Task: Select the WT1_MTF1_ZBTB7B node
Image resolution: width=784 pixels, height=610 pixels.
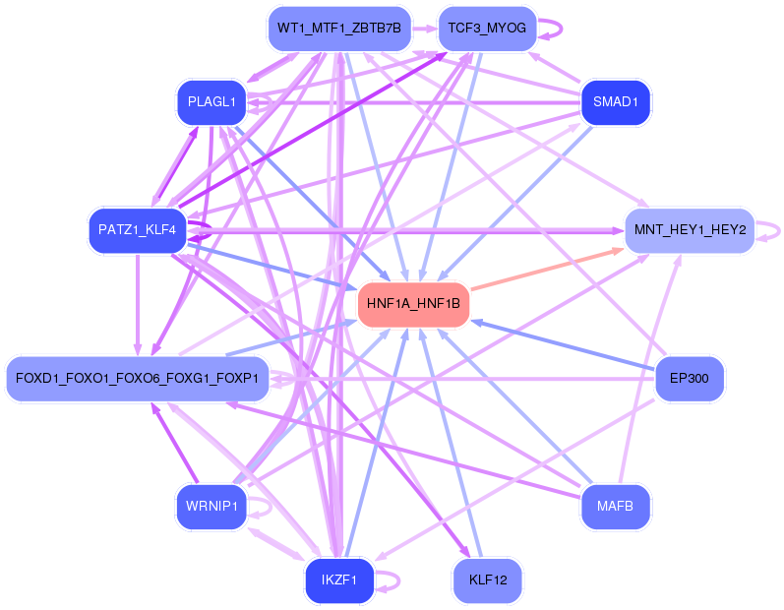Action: tap(339, 28)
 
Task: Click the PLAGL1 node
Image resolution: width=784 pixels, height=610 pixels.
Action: tap(211, 102)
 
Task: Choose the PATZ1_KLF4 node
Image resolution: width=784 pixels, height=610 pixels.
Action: tap(137, 230)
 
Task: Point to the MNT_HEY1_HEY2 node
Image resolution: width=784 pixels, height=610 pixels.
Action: tap(690, 230)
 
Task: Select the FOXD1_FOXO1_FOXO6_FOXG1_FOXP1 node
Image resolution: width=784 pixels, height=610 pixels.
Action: tap(137, 379)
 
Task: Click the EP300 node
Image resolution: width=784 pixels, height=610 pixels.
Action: tap(690, 379)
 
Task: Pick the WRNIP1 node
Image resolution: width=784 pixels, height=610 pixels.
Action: tap(211, 507)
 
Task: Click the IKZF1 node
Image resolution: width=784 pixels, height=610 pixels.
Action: tap(339, 580)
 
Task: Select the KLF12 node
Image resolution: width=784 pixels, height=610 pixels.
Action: tap(487, 580)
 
